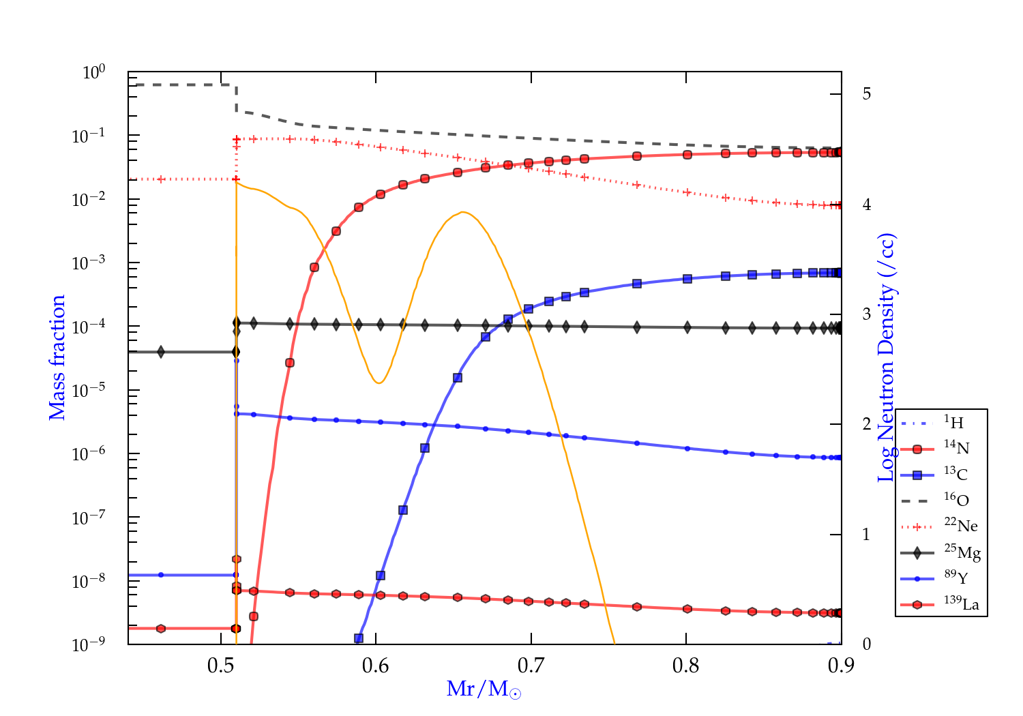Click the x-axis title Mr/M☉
(x=484, y=689)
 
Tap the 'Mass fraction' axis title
(x=57, y=357)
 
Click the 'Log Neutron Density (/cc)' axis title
(x=886, y=357)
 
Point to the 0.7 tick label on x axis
(x=531, y=666)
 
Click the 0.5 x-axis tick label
(x=220, y=666)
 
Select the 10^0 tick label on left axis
(x=93, y=72)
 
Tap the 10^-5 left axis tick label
(x=89, y=391)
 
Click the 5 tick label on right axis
(x=866, y=93)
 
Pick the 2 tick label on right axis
(x=866, y=424)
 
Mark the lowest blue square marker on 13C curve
(x=359, y=638)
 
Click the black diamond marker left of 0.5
(x=161, y=352)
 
